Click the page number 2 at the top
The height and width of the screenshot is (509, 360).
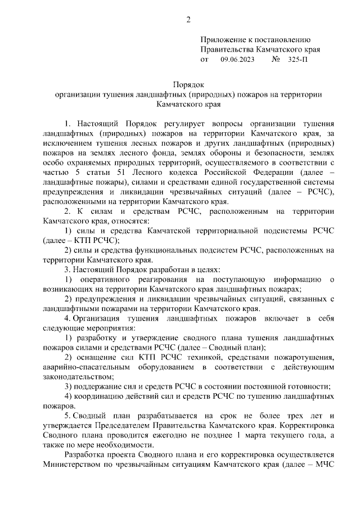coord(188,21)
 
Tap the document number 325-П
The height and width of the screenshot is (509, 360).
coord(298,59)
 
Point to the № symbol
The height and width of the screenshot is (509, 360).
coord(276,59)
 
